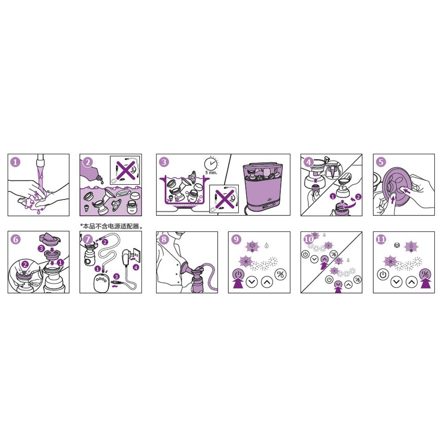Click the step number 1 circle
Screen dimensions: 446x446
pyautogui.click(x=15, y=162)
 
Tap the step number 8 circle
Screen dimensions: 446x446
pyautogui.click(x=164, y=239)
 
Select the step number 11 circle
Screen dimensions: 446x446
pyautogui.click(x=381, y=239)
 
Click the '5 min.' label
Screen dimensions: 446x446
pyautogui.click(x=211, y=173)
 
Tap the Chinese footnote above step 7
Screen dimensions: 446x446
pyautogui.click(x=111, y=226)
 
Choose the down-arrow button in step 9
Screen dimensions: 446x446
pyautogui.click(x=252, y=282)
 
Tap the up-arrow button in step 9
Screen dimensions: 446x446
pyautogui.click(x=267, y=282)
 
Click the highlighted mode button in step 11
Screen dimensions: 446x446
pyautogui.click(x=425, y=274)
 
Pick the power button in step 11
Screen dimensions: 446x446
pyautogui.click(x=383, y=275)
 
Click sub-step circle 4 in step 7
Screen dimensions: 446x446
pyautogui.click(x=136, y=267)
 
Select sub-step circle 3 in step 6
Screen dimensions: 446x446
pyautogui.click(x=41, y=248)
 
